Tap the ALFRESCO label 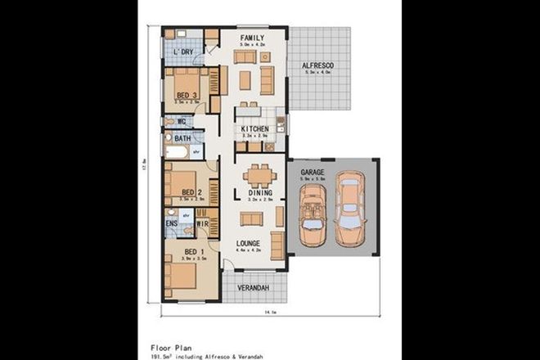click(x=317, y=65)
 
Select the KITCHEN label click(x=255, y=129)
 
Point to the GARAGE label click(x=313, y=173)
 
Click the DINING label click(x=260, y=192)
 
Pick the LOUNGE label click(x=249, y=243)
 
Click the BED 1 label click(x=194, y=250)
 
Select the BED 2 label click(x=191, y=193)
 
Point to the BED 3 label click(x=187, y=96)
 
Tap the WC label click(x=182, y=122)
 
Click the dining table click(x=259, y=174)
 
